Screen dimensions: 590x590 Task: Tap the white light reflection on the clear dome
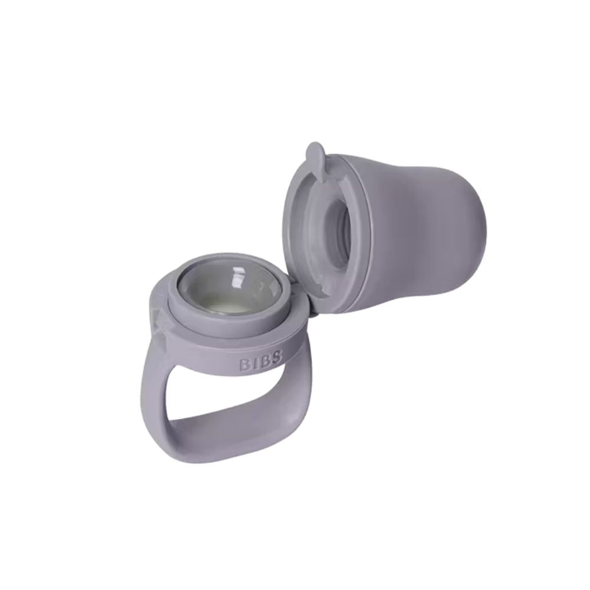[x=240, y=278]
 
